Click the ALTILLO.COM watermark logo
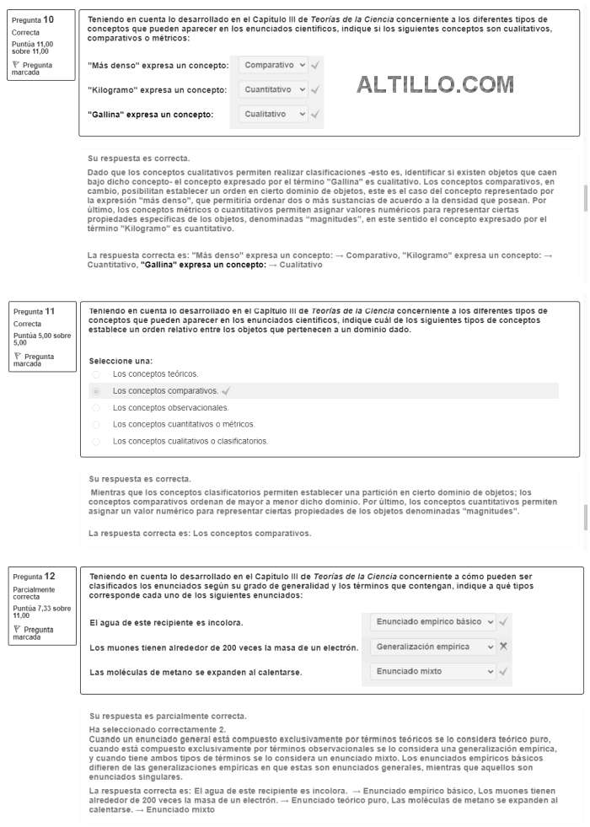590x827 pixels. click(435, 84)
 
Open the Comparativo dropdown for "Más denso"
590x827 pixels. click(273, 65)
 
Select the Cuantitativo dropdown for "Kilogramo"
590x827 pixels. click(273, 89)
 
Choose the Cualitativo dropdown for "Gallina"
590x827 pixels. click(273, 114)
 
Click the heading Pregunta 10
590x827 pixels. click(34, 19)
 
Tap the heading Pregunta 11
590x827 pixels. click(34, 311)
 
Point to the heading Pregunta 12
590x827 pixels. click(34, 577)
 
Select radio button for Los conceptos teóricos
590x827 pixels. click(95, 374)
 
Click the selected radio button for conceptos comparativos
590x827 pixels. click(95, 391)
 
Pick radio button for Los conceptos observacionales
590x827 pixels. click(95, 408)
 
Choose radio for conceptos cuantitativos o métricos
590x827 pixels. click(95, 424)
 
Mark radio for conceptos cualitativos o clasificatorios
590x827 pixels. click(95, 441)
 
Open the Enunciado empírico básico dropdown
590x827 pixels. click(433, 622)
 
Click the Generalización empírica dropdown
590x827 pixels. click(433, 647)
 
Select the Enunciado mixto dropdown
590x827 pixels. click(433, 672)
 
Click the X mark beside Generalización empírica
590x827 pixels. click(503, 647)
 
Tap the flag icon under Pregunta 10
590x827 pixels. click(17, 64)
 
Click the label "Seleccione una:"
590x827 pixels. click(121, 361)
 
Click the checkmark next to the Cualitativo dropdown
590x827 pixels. click(314, 114)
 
